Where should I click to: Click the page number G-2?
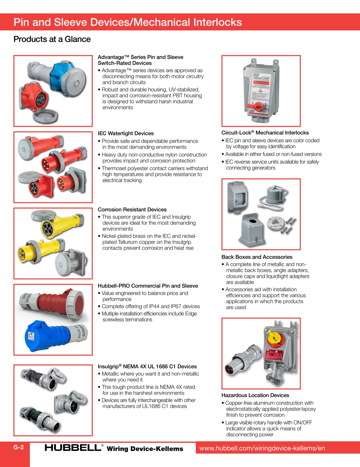[x=19, y=447]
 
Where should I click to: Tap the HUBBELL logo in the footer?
[x=73, y=448]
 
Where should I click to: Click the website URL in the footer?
[x=262, y=448]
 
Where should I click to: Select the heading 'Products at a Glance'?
[x=52, y=39]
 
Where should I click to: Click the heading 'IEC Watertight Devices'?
[x=126, y=133]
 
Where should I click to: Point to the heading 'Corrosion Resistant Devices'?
[x=132, y=209]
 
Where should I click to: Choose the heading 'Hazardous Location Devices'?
[x=255, y=395]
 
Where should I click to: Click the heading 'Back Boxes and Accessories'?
[x=257, y=257]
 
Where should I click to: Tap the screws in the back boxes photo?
[x=290, y=225]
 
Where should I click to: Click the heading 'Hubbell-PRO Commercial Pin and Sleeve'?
[x=148, y=286]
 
